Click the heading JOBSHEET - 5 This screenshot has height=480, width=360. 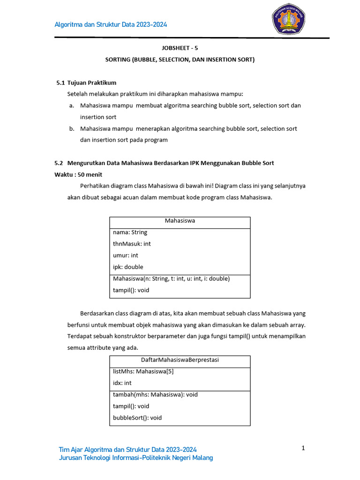pyautogui.click(x=180, y=48)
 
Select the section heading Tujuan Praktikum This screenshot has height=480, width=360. pyautogui.click(x=91, y=82)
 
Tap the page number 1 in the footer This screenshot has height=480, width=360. pyautogui.click(x=303, y=449)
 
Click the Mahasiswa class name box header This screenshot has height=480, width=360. pyautogui.click(x=180, y=220)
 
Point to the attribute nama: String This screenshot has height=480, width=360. pyautogui.click(x=130, y=232)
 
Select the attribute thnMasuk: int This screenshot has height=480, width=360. pyautogui.click(x=132, y=244)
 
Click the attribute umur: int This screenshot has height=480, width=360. pyautogui.click(x=125, y=255)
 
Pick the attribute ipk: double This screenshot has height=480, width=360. pyautogui.click(x=128, y=267)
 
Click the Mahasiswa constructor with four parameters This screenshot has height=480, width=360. pyautogui.click(x=171, y=278)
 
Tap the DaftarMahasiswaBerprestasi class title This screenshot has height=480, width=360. pyautogui.click(x=180, y=360)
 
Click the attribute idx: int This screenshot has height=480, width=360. pyautogui.click(x=123, y=383)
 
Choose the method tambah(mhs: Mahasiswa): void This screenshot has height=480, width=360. pyautogui.click(x=155, y=395)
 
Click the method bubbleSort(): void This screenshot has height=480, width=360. pyautogui.click(x=137, y=418)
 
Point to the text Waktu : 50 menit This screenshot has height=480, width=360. pyautogui.click(x=78, y=174)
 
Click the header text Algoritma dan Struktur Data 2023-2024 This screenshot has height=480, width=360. pyautogui.click(x=111, y=25)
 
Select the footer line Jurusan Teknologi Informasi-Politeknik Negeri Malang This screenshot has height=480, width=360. pyautogui.click(x=135, y=458)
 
